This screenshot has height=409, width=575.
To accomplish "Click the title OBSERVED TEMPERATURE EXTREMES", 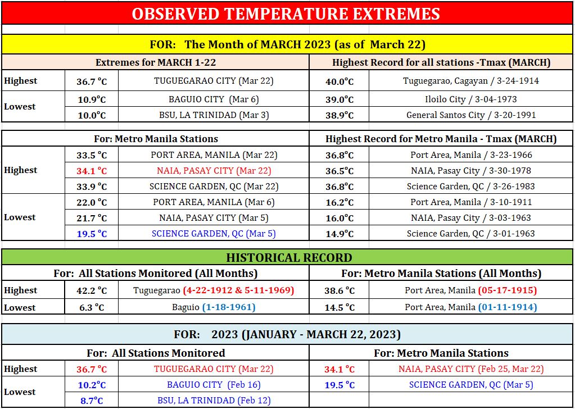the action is pyautogui.click(x=286, y=13).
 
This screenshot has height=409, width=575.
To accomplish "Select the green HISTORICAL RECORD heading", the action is pyautogui.click(x=289, y=257).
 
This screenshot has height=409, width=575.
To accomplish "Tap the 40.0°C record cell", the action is pyautogui.click(x=339, y=81).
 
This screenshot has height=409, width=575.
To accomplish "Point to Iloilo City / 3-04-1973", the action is pyautogui.click(x=471, y=99).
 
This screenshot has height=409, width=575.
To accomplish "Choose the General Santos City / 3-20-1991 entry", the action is pyautogui.click(x=471, y=115).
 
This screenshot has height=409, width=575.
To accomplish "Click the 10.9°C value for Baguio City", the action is pyautogui.click(x=92, y=99).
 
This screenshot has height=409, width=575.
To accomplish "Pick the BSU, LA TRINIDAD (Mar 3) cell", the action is pyautogui.click(x=214, y=115).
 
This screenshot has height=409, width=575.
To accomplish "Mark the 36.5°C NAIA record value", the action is pyautogui.click(x=339, y=171).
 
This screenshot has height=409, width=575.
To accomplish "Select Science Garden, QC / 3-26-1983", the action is pyautogui.click(x=471, y=187).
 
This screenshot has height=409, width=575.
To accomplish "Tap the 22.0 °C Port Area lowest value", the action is pyautogui.click(x=92, y=202).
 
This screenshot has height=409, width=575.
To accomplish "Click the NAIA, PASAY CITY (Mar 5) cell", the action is pyautogui.click(x=214, y=218).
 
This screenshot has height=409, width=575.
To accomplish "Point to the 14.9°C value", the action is pyautogui.click(x=339, y=234).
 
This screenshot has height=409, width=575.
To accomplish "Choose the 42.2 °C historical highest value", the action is pyautogui.click(x=92, y=290).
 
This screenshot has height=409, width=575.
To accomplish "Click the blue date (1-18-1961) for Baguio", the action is pyautogui.click(x=229, y=307).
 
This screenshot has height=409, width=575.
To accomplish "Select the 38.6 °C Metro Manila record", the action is pyautogui.click(x=339, y=290).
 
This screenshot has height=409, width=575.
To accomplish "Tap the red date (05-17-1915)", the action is pyautogui.click(x=508, y=290).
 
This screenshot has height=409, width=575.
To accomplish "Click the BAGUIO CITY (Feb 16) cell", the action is pyautogui.click(x=214, y=385).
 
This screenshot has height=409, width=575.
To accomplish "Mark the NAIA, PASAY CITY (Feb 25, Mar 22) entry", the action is pyautogui.click(x=471, y=369).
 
